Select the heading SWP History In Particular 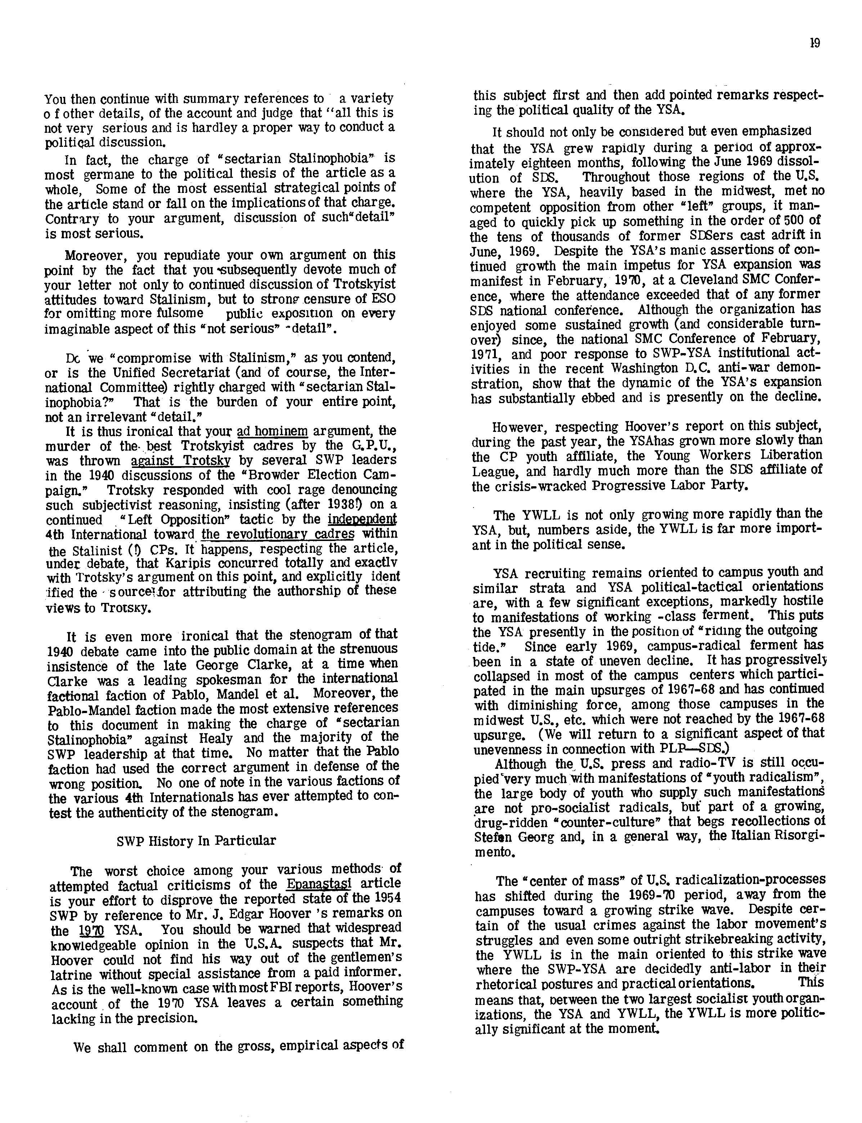click(196, 840)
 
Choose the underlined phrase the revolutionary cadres click(278, 534)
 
